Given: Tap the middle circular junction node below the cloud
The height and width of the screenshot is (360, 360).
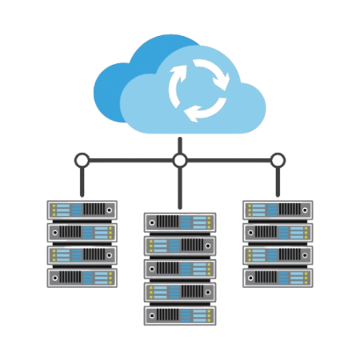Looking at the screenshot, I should tap(180, 161).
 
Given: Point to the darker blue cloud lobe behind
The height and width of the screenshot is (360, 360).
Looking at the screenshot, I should tap(120, 80).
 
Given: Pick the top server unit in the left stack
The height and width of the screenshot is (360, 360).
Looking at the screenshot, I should tap(82, 210).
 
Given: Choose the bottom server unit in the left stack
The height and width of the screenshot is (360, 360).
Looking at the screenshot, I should tap(82, 277).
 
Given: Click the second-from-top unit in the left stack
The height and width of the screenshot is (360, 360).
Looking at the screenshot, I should tap(82, 232).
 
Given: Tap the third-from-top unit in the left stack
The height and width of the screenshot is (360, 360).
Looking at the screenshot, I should tap(82, 254).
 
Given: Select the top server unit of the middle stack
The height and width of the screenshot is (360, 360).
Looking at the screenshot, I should tap(180, 222).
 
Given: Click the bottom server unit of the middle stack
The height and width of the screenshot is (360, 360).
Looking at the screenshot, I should tap(180, 314).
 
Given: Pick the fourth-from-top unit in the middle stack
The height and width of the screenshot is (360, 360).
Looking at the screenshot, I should tap(180, 291).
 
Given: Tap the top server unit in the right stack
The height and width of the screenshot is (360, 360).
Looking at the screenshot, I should tap(278, 210).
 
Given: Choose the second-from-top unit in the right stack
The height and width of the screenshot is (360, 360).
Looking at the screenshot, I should tap(278, 232).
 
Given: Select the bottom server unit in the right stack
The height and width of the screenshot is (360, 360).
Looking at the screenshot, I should tap(278, 277).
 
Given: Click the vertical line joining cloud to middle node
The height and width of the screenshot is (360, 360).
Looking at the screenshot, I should tap(180, 145).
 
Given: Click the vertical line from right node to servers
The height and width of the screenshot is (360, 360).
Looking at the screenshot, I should tap(278, 183).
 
